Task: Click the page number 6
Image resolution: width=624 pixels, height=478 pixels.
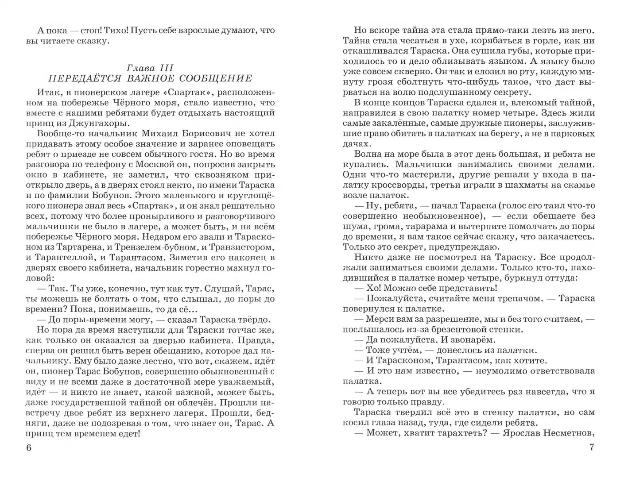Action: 29,447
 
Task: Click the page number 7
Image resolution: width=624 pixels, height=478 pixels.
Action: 592,447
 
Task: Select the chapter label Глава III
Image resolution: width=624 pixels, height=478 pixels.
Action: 150,68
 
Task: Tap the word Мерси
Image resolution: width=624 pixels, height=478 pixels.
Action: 379,319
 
